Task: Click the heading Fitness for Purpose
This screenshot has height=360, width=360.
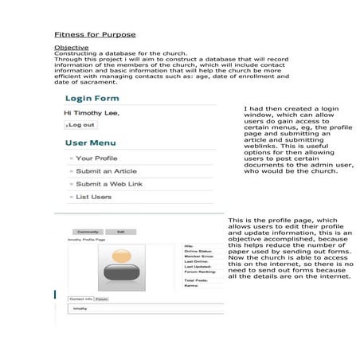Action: [95, 34]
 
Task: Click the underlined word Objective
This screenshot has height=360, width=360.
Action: [71, 48]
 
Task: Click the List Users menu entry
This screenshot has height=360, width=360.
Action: [93, 197]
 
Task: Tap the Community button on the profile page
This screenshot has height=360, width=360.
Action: [88, 231]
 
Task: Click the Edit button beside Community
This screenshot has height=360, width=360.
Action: [120, 231]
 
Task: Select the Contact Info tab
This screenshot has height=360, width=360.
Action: [80, 299]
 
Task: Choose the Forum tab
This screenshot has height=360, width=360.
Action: [101, 299]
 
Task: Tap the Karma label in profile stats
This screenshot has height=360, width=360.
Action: [190, 285]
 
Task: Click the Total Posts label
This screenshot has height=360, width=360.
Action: [194, 280]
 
